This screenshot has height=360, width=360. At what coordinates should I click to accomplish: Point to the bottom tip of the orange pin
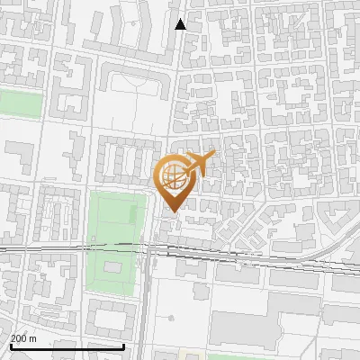tap(171, 211)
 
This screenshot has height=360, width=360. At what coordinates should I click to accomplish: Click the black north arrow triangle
tap(181, 24)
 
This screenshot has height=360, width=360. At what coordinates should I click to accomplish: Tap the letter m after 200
tap(34, 338)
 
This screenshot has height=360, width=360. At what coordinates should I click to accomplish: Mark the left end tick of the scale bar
tap(10, 345)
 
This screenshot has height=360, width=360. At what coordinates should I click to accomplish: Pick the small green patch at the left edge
tap(20, 103)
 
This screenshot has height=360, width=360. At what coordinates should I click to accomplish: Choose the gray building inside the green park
tap(112, 267)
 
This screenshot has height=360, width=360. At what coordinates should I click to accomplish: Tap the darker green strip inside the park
tap(136, 216)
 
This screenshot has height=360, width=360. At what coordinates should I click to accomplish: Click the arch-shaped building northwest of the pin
tap(134, 81)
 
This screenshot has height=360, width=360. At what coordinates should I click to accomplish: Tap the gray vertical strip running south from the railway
tap(145, 306)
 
